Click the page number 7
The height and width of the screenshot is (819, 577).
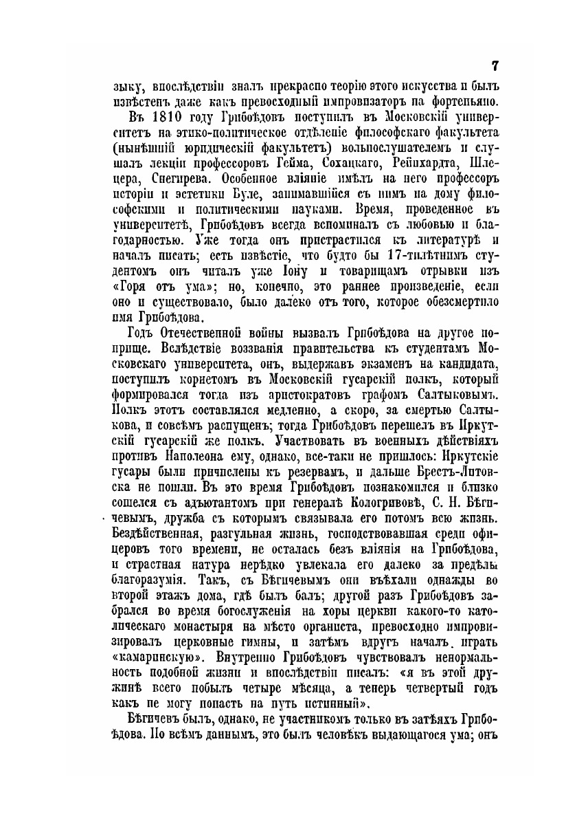click(x=495, y=66)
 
